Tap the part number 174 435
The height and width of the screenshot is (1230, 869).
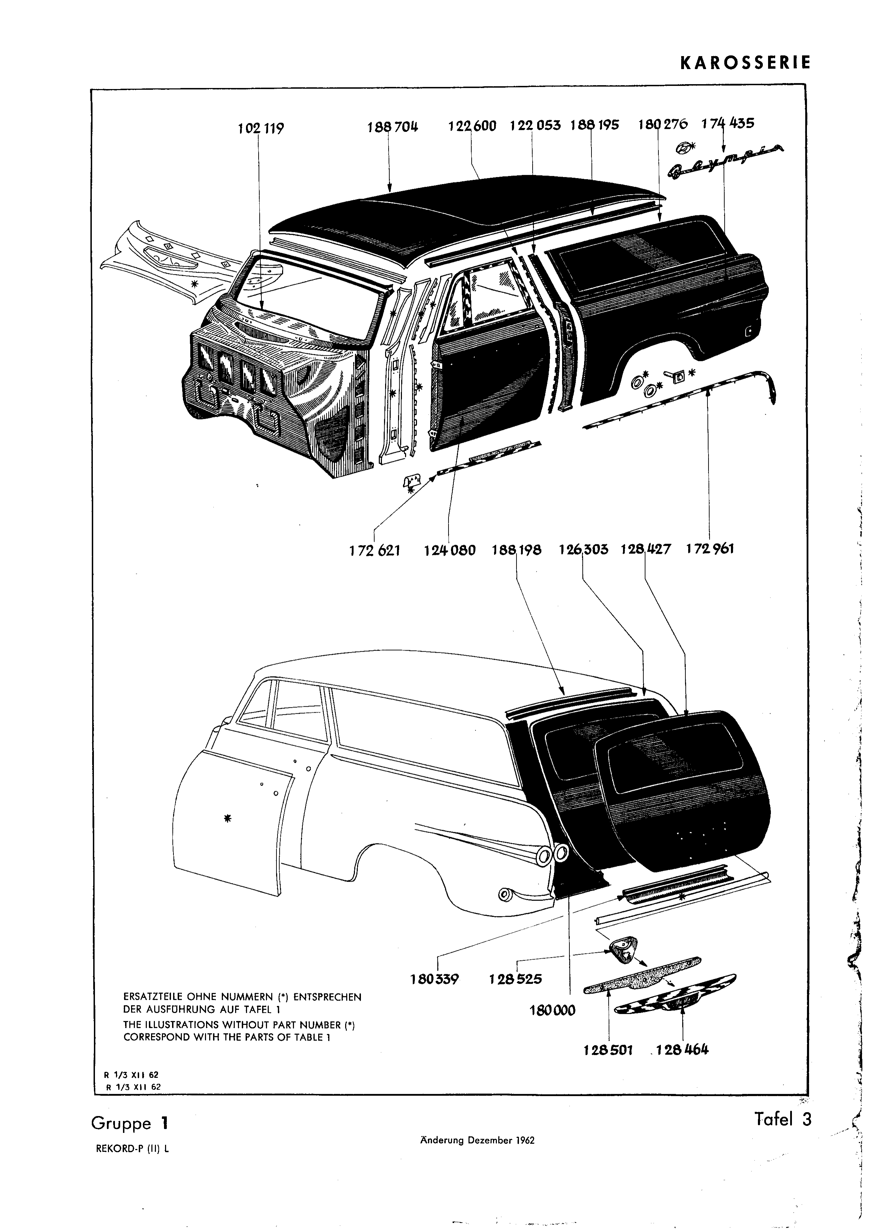[x=728, y=123]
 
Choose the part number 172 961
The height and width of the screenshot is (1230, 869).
[x=710, y=549]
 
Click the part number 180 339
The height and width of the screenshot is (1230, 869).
[x=435, y=979]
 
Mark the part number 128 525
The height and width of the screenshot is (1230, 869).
[x=515, y=979]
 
